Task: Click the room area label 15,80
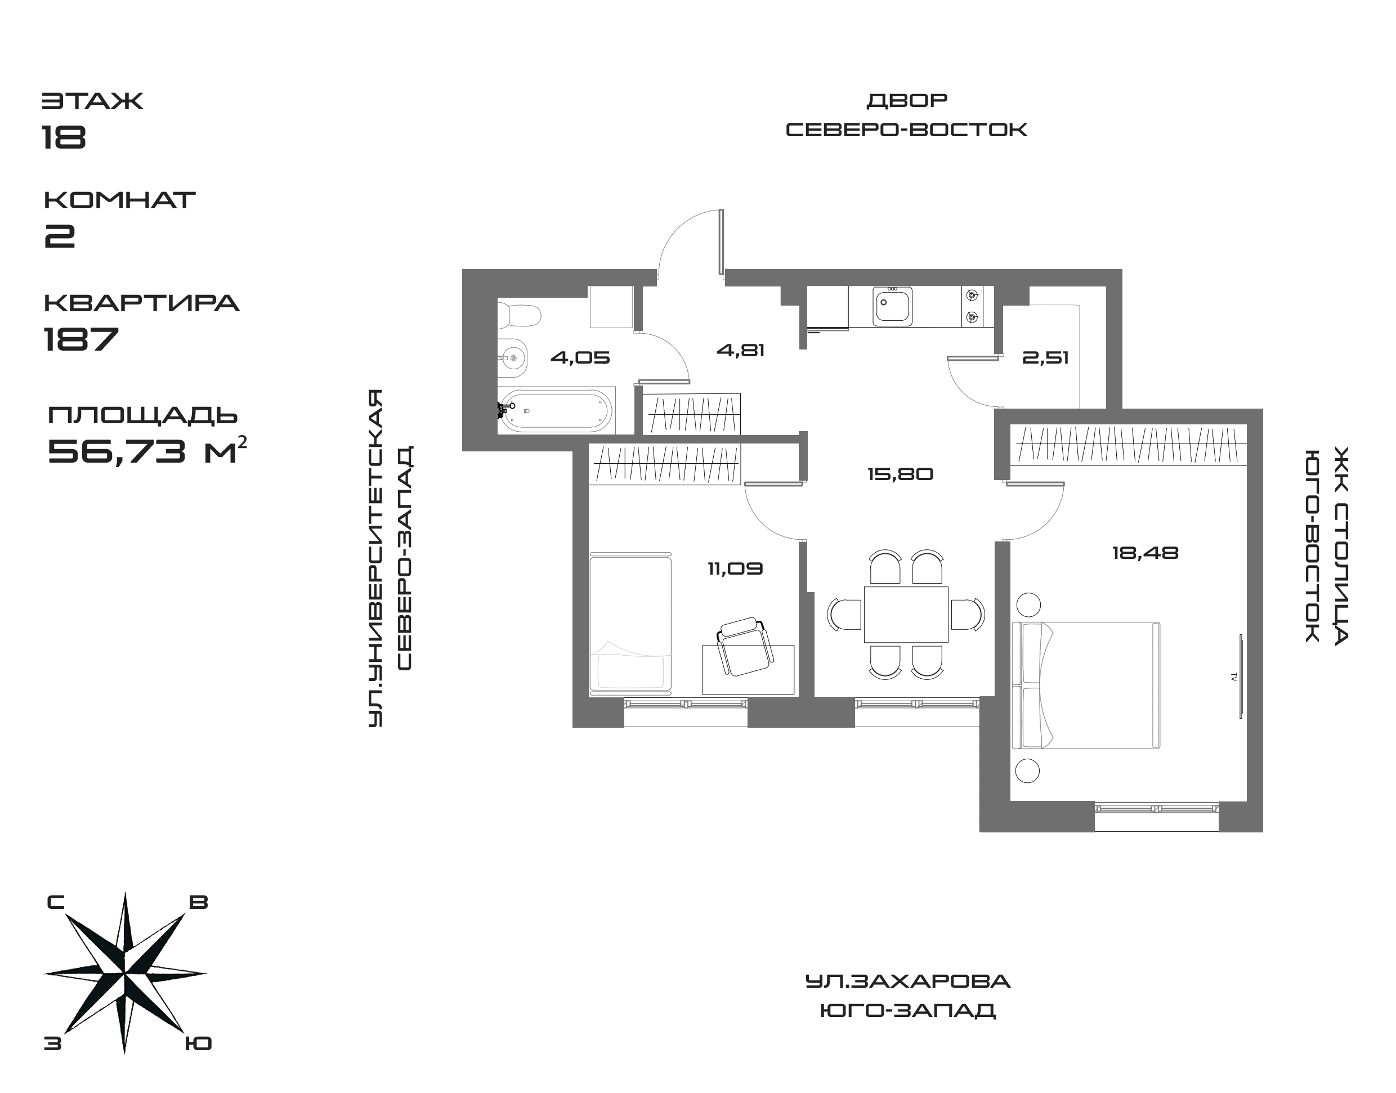900,474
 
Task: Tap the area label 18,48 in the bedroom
1145,553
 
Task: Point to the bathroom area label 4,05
580,358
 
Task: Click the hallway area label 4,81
741,351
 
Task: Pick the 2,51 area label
1045,358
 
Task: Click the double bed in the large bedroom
1086,686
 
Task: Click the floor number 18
65,136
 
